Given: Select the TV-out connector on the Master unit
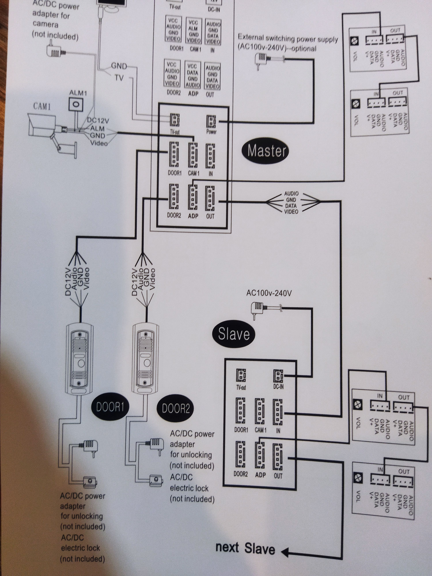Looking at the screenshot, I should (x=175, y=120).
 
